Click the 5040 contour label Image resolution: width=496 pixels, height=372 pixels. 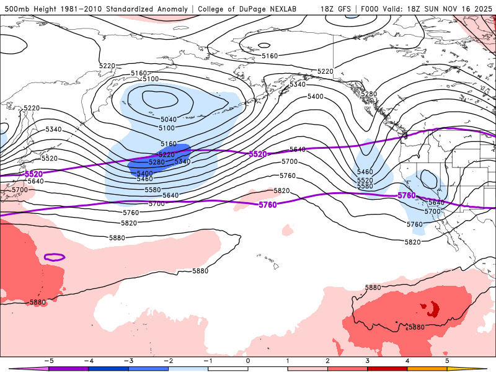(169, 119)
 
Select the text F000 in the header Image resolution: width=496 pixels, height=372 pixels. (368, 9)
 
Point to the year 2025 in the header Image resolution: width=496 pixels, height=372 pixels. (481, 9)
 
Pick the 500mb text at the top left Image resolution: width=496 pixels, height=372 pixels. (17, 9)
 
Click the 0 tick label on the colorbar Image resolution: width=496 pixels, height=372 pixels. (248, 360)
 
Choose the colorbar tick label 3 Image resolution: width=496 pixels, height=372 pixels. (368, 360)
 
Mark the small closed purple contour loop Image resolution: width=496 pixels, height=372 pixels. (55, 257)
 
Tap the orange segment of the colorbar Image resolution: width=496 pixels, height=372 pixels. (427, 368)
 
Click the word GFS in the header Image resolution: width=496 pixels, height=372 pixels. (343, 9)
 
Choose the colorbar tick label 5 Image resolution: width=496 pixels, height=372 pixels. (447, 360)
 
